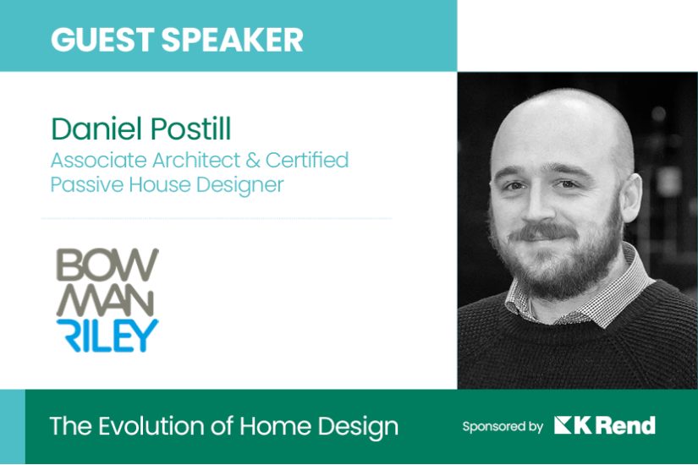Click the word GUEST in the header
click(102, 39)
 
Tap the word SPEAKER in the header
click(233, 39)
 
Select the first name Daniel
click(97, 129)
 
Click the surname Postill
click(191, 129)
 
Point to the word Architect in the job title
click(196, 160)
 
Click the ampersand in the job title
click(252, 161)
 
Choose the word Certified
click(307, 160)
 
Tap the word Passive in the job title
click(87, 184)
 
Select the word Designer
click(240, 185)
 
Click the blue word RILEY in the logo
click(107, 335)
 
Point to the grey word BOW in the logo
click(107, 265)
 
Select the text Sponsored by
click(503, 427)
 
